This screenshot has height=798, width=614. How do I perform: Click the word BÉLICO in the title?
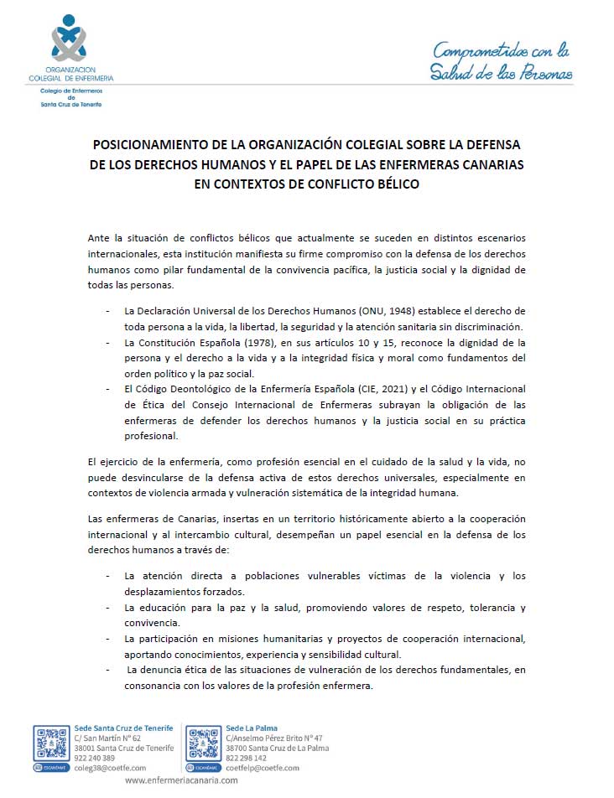[x=388, y=182]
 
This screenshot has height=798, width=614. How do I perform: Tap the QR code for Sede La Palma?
[x=204, y=743]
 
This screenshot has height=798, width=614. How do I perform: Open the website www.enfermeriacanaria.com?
[x=181, y=780]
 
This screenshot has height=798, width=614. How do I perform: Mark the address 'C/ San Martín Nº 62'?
[x=107, y=738]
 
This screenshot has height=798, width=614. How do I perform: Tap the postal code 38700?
[x=239, y=748]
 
